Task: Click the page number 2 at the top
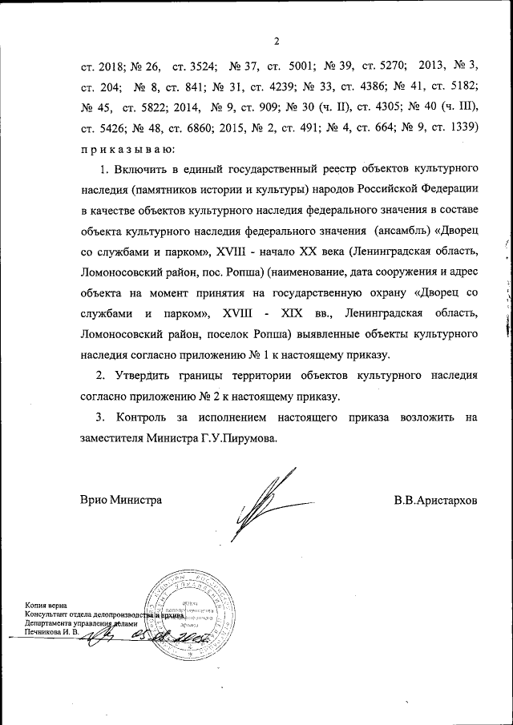pyautogui.click(x=275, y=42)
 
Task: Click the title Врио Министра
pyautogui.click(x=121, y=501)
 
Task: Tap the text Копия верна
pyautogui.click(x=46, y=606)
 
